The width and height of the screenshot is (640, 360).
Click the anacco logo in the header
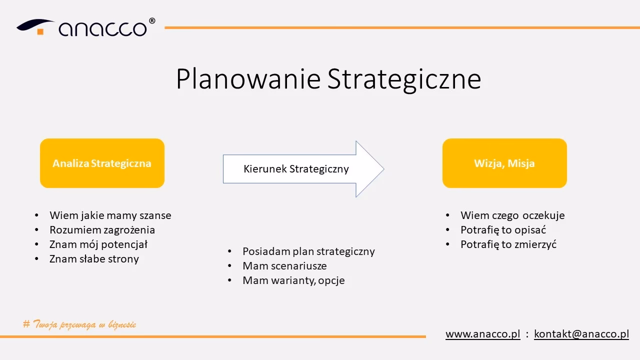pos(85,27)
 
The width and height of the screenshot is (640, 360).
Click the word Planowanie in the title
pos(247,79)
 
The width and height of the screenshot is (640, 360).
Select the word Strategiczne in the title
pos(404,79)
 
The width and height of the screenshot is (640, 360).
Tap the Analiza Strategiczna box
pos(102,163)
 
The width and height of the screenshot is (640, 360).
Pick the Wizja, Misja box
pos(504,163)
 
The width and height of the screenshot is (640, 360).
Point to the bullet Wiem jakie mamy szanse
pos(110,215)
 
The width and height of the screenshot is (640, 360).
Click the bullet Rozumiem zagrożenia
pos(102,230)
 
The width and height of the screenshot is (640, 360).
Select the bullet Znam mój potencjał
pos(98,244)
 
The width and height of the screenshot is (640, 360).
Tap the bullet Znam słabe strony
pos(94,259)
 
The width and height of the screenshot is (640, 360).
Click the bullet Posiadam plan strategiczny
pos(308,251)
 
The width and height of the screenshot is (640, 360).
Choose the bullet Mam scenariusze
pos(284,266)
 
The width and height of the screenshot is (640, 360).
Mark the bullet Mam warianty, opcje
pos(293,280)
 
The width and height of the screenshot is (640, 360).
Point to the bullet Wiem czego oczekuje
pos(512,215)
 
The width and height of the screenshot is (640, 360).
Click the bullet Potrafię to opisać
pos(503,230)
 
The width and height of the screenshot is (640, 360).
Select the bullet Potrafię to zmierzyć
pos(508,244)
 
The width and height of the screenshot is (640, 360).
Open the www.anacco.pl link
pos(482,334)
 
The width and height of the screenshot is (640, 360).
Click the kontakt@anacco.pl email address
pos(581,334)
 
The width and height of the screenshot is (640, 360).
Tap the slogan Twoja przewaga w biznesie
pos(80,324)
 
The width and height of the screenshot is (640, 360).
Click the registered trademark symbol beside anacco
pos(152,21)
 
